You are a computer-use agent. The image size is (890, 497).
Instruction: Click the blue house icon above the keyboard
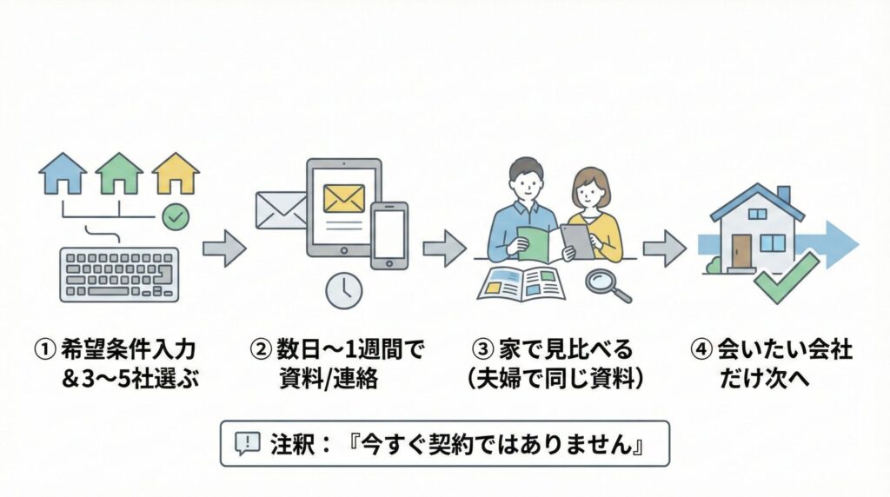pyautogui.click(x=63, y=174)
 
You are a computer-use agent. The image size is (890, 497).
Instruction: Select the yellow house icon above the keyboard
pyautogui.click(x=176, y=174)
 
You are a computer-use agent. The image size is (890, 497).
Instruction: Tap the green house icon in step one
pyautogui.click(x=119, y=174)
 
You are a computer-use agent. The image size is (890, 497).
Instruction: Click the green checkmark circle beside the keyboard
pyautogui.click(x=176, y=217)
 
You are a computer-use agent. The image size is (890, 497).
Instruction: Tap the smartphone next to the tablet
pyautogui.click(x=389, y=235)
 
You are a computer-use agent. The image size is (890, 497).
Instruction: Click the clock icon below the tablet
pyautogui.click(x=343, y=290)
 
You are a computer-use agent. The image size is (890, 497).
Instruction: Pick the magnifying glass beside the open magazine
pyautogui.click(x=605, y=283)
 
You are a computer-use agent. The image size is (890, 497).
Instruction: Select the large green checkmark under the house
pyautogui.click(x=786, y=278)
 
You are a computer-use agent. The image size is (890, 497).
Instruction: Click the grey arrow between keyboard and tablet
pyautogui.click(x=223, y=248)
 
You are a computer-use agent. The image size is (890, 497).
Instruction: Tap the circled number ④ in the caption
pyautogui.click(x=701, y=350)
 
